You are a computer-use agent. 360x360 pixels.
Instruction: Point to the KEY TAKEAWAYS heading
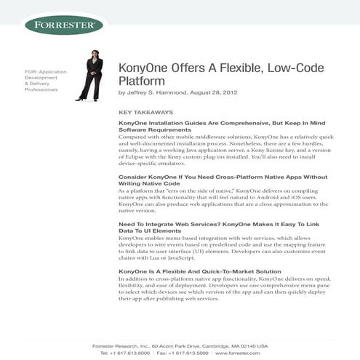(x=145, y=113)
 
